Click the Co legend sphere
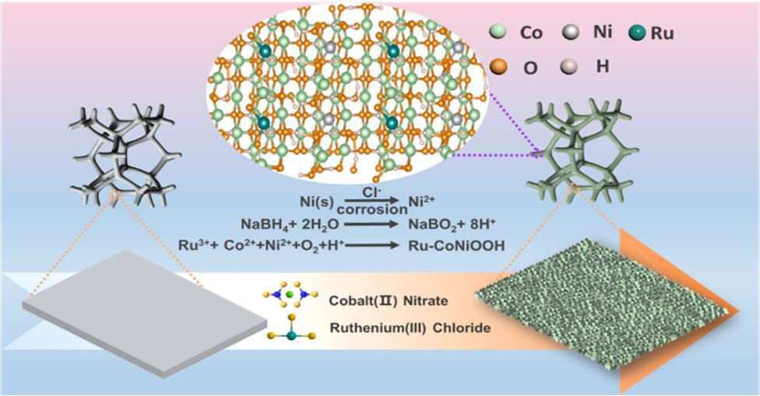tap(498, 32)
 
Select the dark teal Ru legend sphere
tap(638, 33)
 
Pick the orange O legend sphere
tap(498, 66)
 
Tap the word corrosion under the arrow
tap(372, 209)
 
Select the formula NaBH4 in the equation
tap(264, 225)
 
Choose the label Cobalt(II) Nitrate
tap(389, 300)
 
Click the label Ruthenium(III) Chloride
tap(410, 328)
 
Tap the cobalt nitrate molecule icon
tap(290, 294)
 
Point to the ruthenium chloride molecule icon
tap(291, 329)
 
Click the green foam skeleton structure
tap(582, 148)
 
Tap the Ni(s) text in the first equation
tap(316, 200)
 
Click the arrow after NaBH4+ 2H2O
tap(371, 225)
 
